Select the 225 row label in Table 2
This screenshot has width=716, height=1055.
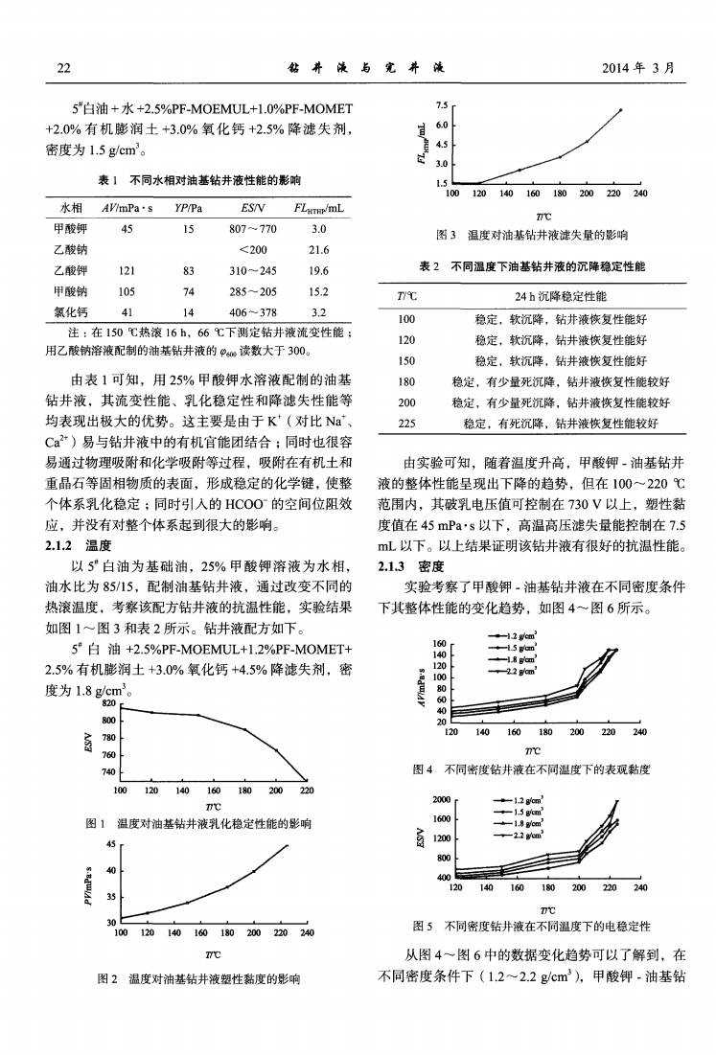pos(406,422)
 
